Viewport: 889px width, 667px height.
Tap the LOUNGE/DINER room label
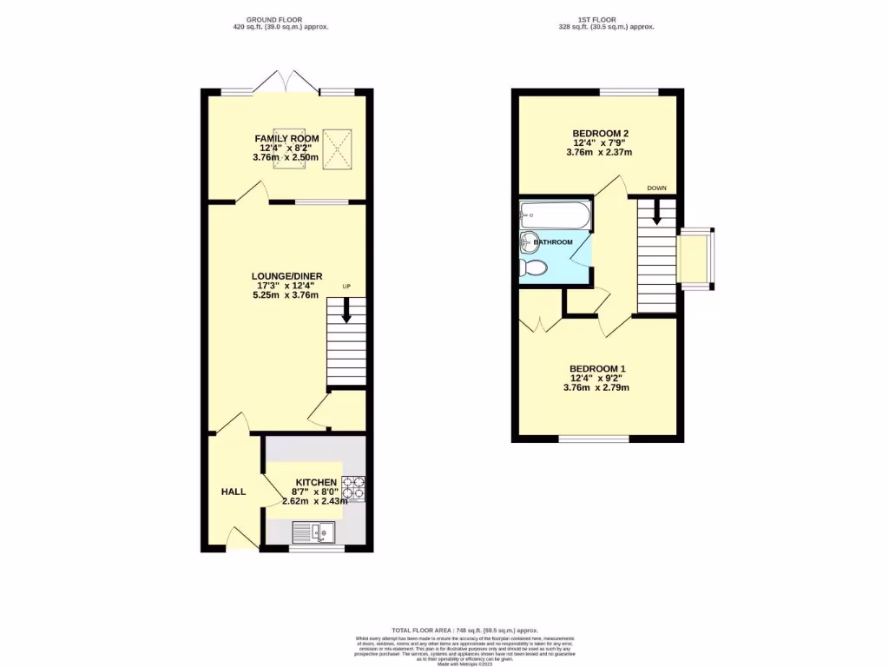coord(286,275)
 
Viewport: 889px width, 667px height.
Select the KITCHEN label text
coord(316,482)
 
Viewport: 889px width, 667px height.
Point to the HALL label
coord(233,492)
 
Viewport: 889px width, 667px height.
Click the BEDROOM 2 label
coord(599,133)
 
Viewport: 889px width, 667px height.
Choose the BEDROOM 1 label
coord(597,368)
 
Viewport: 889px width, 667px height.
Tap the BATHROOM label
coord(553,241)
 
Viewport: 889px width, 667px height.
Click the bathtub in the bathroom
coord(555,213)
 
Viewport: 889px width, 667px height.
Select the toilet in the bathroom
coord(532,267)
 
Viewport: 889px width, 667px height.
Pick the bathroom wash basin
coord(528,241)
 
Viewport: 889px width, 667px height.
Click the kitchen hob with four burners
coord(354,490)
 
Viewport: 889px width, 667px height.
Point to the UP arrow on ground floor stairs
coord(346,311)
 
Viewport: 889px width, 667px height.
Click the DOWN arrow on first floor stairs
coord(656,212)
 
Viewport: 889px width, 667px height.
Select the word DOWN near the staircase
coord(656,188)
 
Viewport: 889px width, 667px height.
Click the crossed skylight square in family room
coord(333,139)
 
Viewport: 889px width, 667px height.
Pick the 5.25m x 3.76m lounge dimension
coord(286,294)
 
